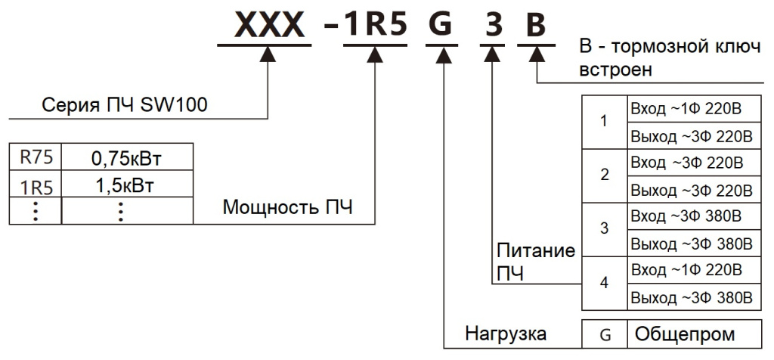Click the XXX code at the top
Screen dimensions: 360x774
(270, 26)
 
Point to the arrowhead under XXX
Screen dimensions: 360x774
(270, 54)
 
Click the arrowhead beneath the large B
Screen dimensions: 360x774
(536, 54)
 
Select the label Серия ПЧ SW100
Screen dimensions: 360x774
(124, 105)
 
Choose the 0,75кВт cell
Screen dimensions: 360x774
(127, 159)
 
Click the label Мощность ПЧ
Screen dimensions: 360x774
(287, 208)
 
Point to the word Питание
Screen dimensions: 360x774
(536, 250)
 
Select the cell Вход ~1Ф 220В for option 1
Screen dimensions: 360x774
(685, 109)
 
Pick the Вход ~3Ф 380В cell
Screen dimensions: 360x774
(685, 216)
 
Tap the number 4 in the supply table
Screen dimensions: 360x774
(604, 283)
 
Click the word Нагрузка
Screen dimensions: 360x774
(505, 333)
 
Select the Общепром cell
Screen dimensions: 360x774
(685, 334)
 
